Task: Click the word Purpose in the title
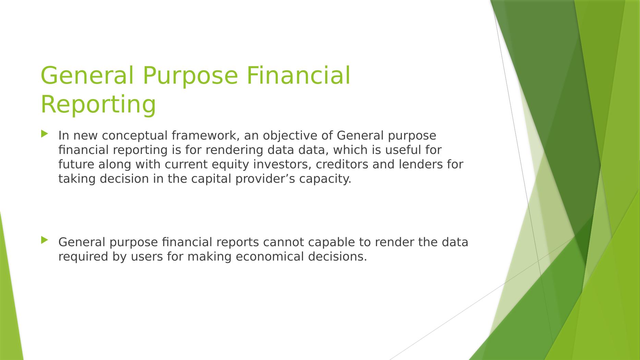point(190,75)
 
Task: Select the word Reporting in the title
point(98,105)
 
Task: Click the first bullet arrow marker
point(44,134)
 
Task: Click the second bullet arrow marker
point(44,240)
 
